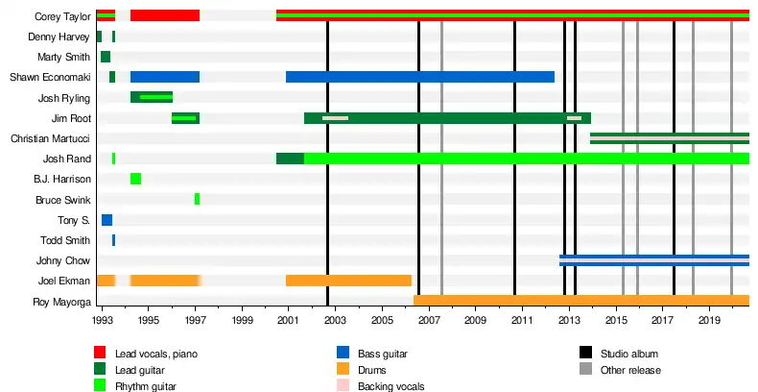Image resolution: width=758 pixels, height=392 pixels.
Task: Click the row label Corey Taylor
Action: pos(62,16)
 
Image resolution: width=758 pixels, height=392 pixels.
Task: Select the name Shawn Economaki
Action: pos(50,78)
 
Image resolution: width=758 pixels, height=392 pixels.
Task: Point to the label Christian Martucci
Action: pos(50,139)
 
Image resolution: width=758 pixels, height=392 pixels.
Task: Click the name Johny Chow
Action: pos(64,261)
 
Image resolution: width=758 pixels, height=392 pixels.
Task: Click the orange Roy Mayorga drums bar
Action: pos(580,301)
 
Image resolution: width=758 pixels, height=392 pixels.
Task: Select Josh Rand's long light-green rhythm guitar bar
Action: pos(526,159)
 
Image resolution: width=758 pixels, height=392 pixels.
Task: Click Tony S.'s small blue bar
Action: pos(107,220)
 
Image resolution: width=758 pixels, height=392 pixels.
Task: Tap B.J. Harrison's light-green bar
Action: pos(135,179)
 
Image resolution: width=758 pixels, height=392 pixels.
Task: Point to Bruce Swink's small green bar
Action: pos(197,199)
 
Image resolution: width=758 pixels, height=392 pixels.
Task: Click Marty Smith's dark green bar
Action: pos(105,57)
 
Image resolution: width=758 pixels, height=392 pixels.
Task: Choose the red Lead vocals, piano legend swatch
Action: pos(100,354)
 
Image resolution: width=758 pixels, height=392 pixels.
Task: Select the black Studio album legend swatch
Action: pos(585,354)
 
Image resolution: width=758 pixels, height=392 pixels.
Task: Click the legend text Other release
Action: pos(629,370)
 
